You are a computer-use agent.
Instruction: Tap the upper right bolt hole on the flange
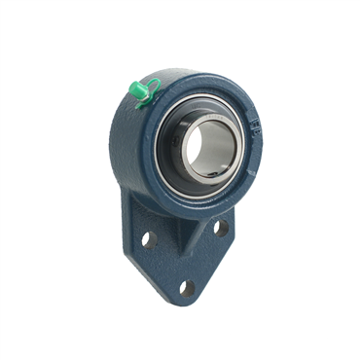(221, 228)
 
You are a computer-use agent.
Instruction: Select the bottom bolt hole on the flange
(186, 288)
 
